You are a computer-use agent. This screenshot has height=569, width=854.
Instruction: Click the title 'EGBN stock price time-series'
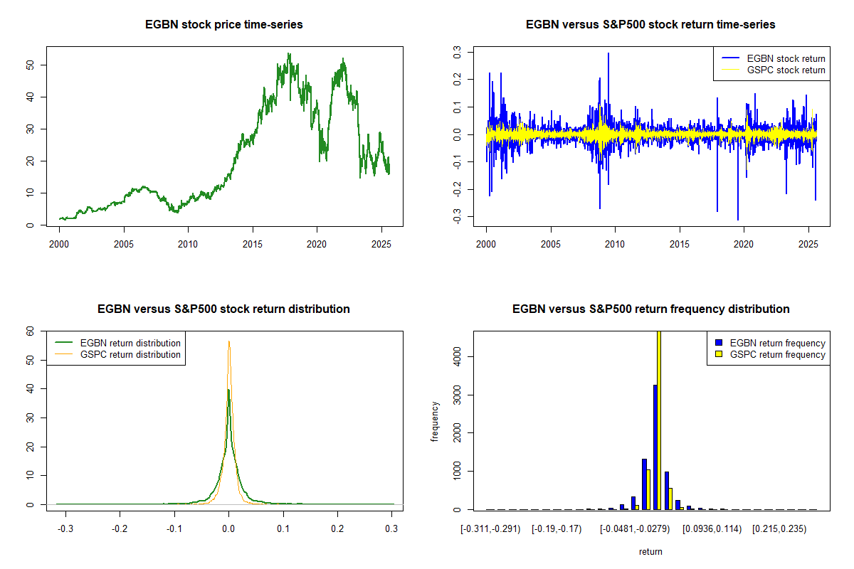pos(224,25)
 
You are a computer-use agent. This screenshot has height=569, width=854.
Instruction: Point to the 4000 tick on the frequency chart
pos(459,356)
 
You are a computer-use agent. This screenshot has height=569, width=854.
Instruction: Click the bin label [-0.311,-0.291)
pos(490,528)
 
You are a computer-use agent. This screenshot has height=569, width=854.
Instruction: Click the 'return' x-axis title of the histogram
pos(650,551)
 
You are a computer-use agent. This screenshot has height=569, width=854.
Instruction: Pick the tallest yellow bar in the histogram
pos(659,420)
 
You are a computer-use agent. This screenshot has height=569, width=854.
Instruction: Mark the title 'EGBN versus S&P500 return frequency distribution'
pos(650,309)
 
